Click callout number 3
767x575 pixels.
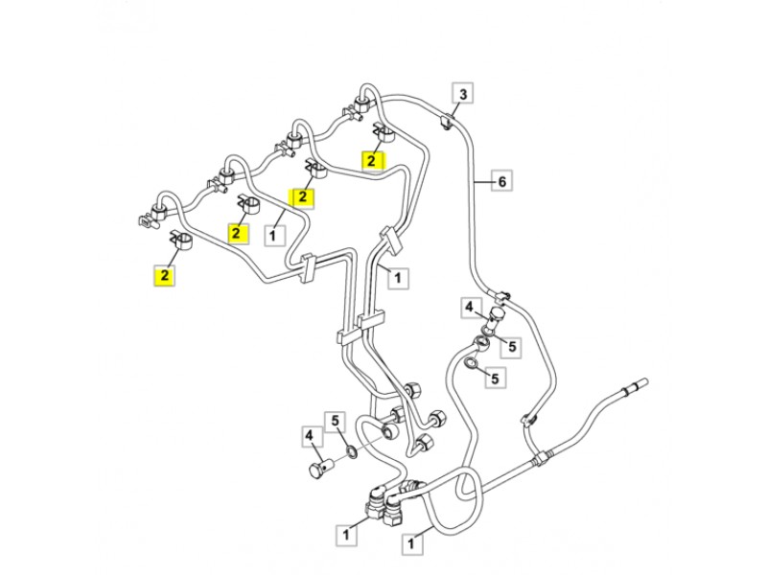tap(463, 94)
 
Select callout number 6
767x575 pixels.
tap(502, 180)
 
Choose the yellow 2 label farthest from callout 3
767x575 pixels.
tap(166, 275)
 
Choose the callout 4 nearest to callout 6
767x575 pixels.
tap(470, 308)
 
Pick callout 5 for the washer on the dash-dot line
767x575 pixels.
tap(337, 420)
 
